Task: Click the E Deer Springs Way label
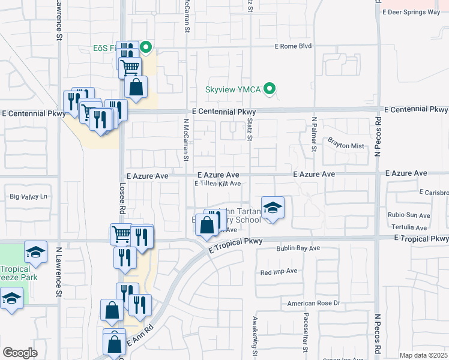point(411,11)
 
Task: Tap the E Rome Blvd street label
point(294,46)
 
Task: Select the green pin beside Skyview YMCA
point(270,90)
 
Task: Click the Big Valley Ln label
point(28,196)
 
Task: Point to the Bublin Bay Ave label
point(298,248)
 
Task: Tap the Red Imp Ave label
point(279,272)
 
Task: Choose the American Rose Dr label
point(313,304)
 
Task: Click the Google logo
point(20,353)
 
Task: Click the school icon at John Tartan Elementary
point(273,208)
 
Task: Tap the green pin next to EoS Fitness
point(145,46)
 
